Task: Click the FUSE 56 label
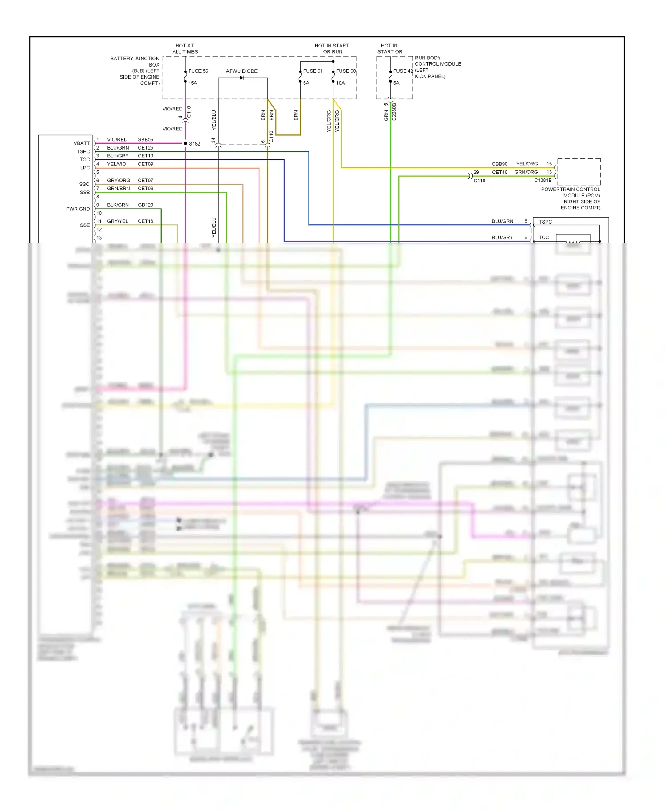coord(198,71)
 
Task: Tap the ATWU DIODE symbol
coord(242,78)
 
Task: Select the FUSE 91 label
coord(313,71)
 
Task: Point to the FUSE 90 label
coord(346,71)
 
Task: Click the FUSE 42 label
coord(403,71)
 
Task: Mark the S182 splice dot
coord(186,143)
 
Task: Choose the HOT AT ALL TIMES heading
coord(185,49)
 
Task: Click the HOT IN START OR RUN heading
coord(332,49)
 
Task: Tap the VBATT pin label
coord(82,143)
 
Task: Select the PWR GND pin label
coord(78,209)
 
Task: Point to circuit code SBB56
coord(145,139)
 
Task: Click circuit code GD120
coord(145,205)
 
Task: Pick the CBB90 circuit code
coord(499,164)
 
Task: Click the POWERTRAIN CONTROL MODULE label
coord(571,198)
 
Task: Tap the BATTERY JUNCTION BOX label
coord(135,71)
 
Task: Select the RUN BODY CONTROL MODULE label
coord(437,67)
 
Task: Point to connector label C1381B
coord(543,181)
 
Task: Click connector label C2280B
coord(394,112)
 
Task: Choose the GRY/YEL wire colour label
coord(118,221)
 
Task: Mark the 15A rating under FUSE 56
coord(193,83)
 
